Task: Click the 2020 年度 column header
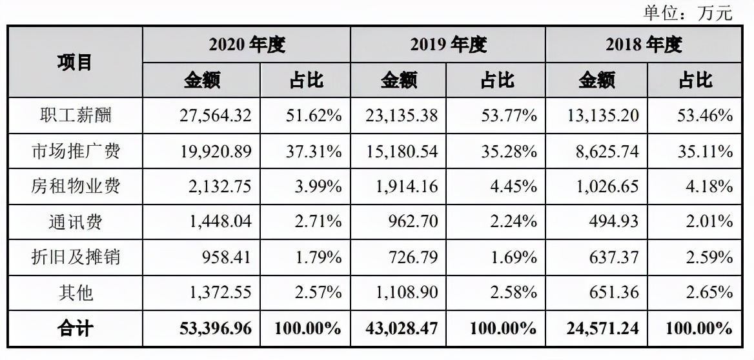pos(247,45)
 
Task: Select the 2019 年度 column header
pos(448,45)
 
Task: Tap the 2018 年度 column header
pos(643,45)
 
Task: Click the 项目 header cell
pos(75,62)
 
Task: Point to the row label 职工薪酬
pos(76,115)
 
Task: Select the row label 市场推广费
pos(76,152)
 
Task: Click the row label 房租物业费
pos(76,187)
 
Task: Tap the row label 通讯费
pos(76,223)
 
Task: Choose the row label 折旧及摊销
pos(76,258)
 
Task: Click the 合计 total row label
pos(76,328)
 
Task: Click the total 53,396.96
pos(215,328)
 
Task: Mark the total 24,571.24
pos(601,328)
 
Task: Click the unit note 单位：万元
pos(688,12)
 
